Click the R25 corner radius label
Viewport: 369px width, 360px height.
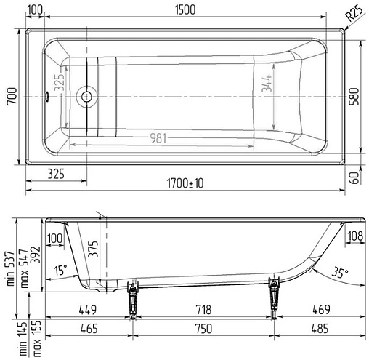[x=354, y=13]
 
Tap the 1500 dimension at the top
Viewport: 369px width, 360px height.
[x=185, y=10]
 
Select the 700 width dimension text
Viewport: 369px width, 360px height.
[x=12, y=96]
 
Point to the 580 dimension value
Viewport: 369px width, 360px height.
[x=354, y=96]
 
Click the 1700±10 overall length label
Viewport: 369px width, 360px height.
[x=185, y=183]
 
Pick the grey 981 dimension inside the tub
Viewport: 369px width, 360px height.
[x=158, y=138]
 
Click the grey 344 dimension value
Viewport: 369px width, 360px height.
[x=267, y=83]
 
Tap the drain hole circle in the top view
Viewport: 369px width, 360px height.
[x=86, y=97]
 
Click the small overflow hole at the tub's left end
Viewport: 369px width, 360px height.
[x=46, y=96]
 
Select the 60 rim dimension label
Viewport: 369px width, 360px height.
[x=354, y=177]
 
